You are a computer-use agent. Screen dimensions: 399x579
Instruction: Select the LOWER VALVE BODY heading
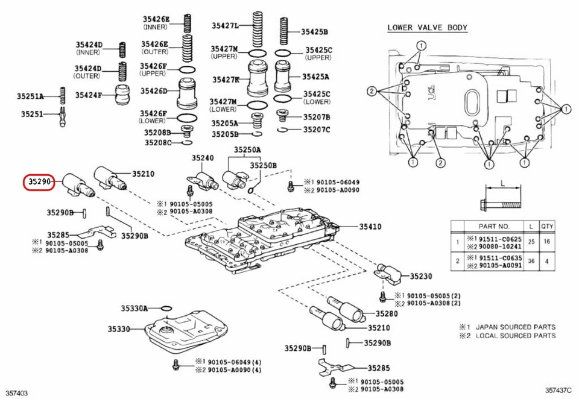coord(427,28)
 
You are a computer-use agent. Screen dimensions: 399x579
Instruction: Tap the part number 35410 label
coord(370,227)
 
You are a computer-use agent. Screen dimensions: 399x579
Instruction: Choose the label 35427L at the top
coord(225,25)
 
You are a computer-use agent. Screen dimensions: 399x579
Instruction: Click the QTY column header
coord(548,226)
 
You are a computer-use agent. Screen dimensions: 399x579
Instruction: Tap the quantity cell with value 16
coord(548,241)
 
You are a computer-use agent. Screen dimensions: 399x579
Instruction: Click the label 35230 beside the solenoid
coord(421,276)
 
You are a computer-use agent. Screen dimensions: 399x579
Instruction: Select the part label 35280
coord(387,313)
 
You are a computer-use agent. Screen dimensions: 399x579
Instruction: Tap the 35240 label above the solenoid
coord(203,158)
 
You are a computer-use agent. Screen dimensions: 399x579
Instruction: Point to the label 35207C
coord(317,129)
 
